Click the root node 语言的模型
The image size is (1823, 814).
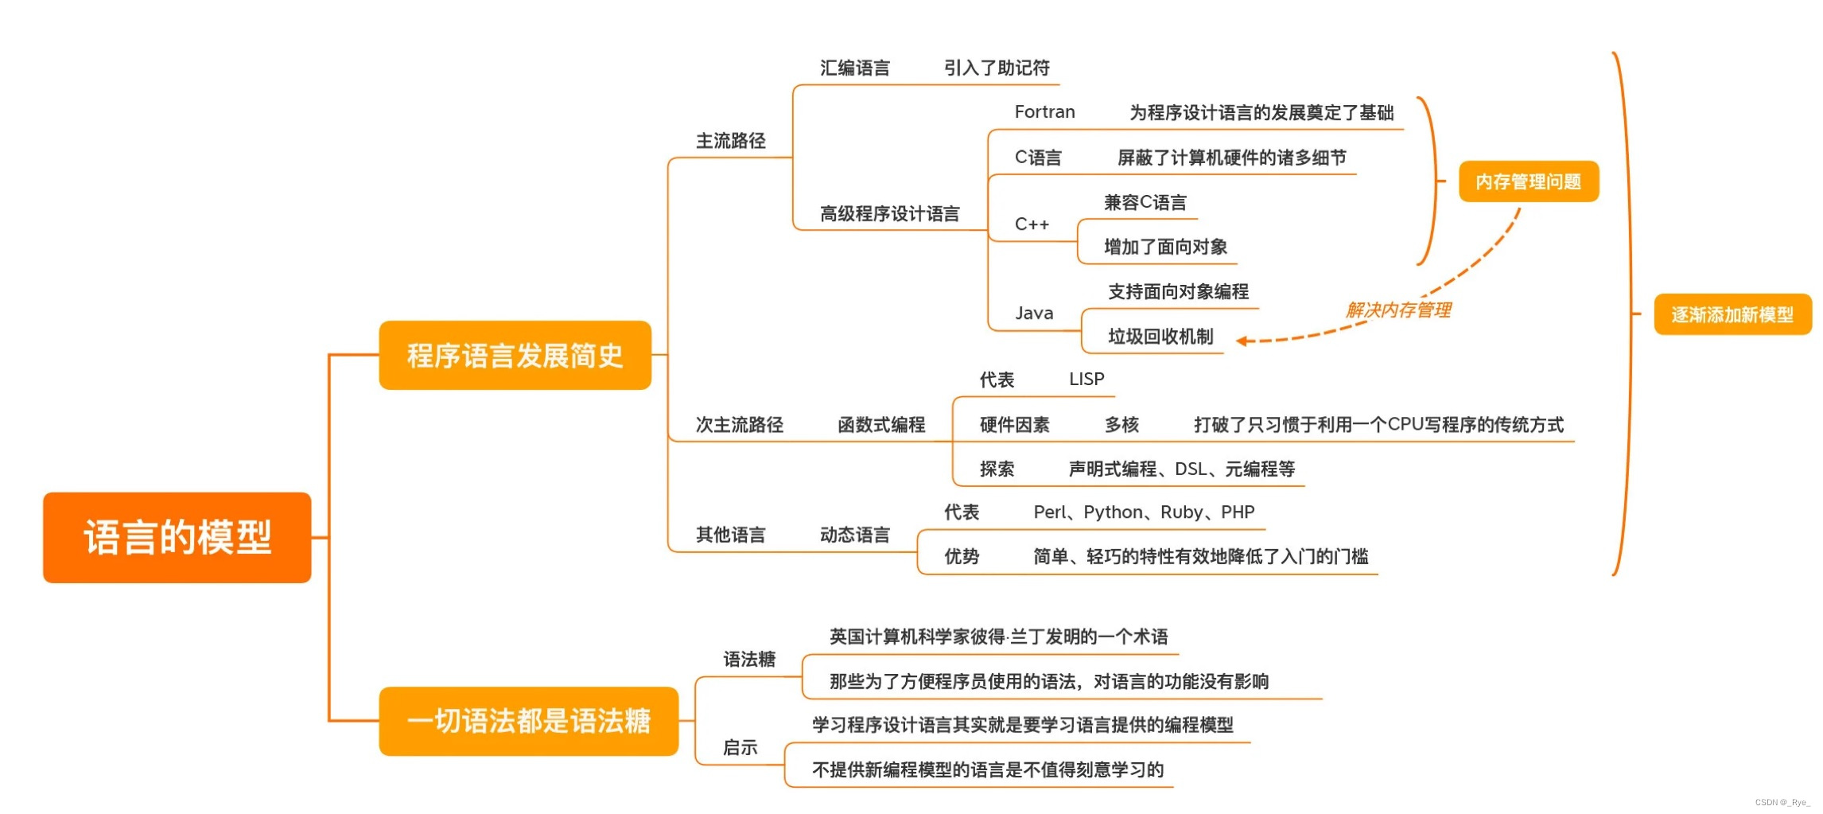pos(177,537)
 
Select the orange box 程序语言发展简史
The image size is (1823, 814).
pos(515,355)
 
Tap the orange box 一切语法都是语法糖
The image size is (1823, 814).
pos(528,721)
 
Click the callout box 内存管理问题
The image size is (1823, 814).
pos(1528,181)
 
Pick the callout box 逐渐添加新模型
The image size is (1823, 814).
pos(1732,314)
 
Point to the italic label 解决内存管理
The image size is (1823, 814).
pos(1398,310)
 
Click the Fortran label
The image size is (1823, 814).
pos(1044,112)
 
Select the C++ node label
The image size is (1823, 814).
pos(1032,224)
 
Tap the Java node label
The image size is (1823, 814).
pos(1034,314)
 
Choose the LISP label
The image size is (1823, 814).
pos(1086,380)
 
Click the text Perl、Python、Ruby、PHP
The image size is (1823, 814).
pos(1144,512)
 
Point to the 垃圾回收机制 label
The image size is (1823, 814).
pos(1160,337)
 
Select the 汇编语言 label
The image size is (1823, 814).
pos(855,68)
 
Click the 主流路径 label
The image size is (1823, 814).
pos(730,141)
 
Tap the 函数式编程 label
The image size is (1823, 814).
pos(881,425)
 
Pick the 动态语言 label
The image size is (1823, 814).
pos(855,535)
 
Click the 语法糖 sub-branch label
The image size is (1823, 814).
pos(748,659)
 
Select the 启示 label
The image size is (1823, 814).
pos(740,747)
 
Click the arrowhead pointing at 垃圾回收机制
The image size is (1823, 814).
pos(1242,341)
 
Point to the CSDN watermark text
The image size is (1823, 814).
pos(1782,802)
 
